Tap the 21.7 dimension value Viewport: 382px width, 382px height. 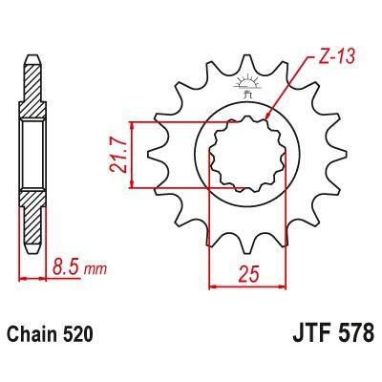coord(116,154)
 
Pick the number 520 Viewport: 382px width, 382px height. coord(81,337)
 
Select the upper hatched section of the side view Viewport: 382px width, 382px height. coord(33,91)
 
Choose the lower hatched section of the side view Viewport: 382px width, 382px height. coord(33,220)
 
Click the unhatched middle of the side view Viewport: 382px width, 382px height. coord(33,153)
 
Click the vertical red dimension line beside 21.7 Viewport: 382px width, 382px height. coord(132,154)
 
